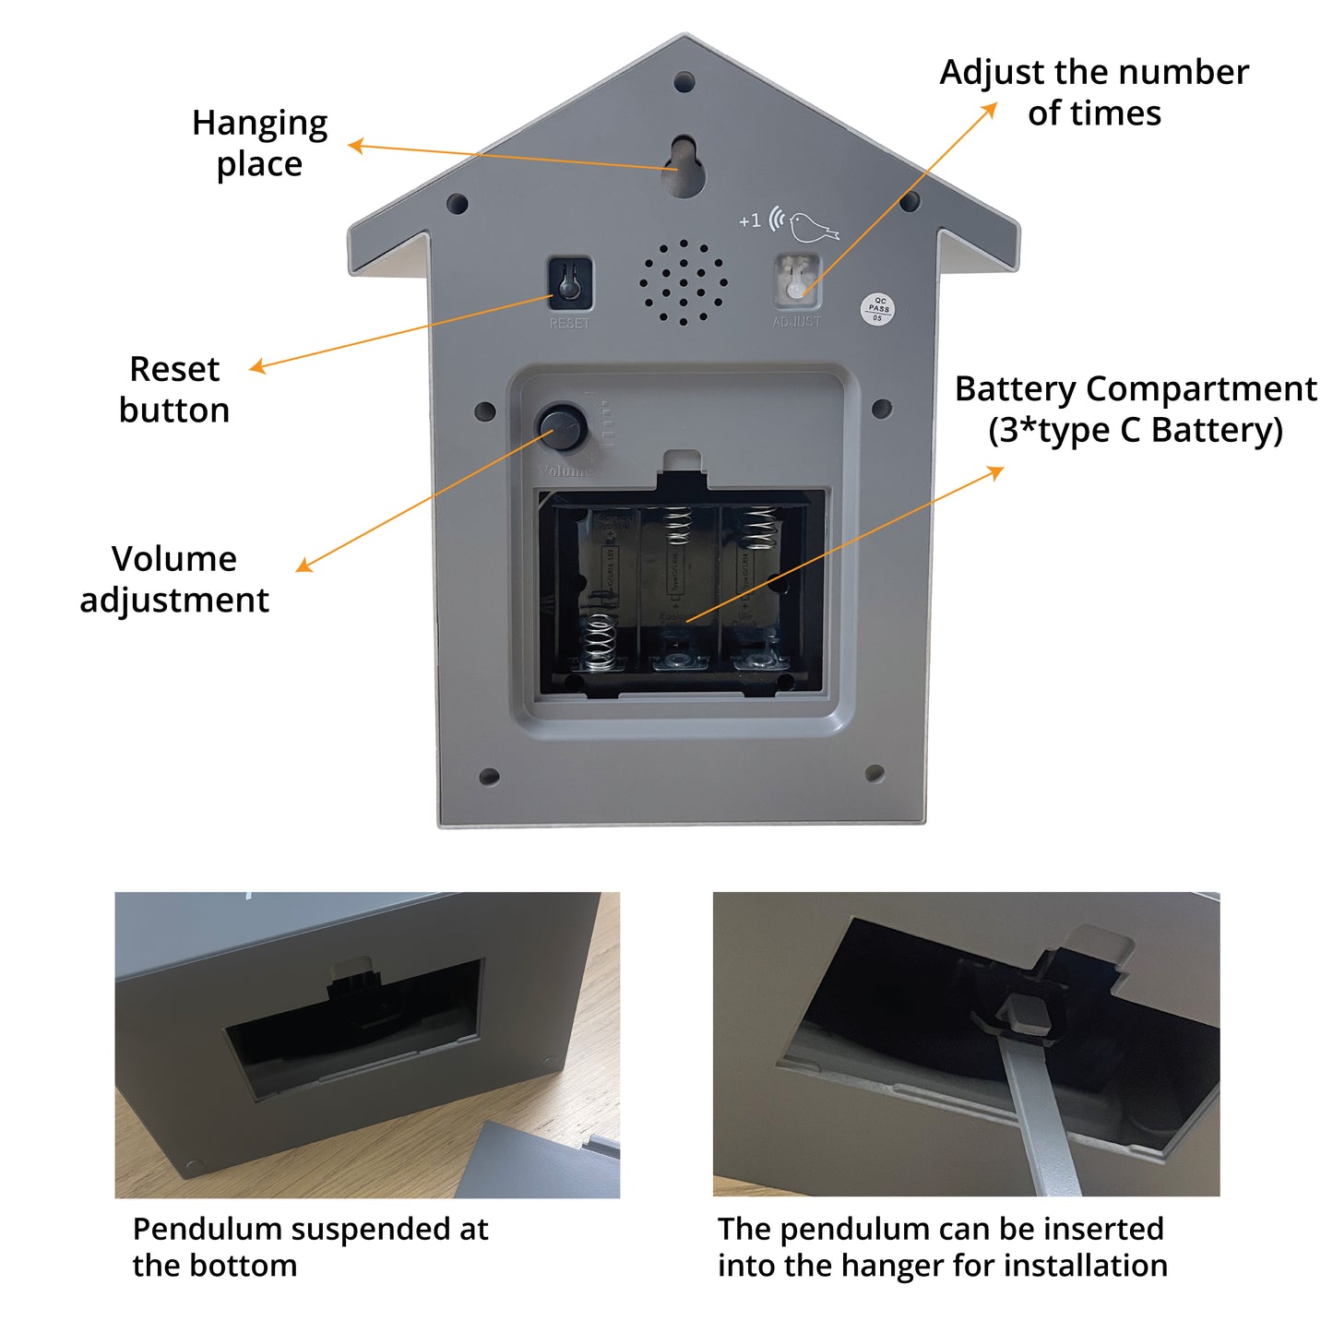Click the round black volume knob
click(563, 427)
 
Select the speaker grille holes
click(684, 282)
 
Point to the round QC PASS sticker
click(877, 309)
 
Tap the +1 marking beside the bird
click(750, 220)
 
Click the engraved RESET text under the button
click(569, 324)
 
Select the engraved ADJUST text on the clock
click(796, 322)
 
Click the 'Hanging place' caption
click(259, 143)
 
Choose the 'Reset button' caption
click(174, 389)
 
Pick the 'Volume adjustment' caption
click(174, 579)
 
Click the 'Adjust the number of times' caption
click(1094, 92)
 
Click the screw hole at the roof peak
click(684, 82)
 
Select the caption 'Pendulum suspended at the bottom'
click(310, 1246)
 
